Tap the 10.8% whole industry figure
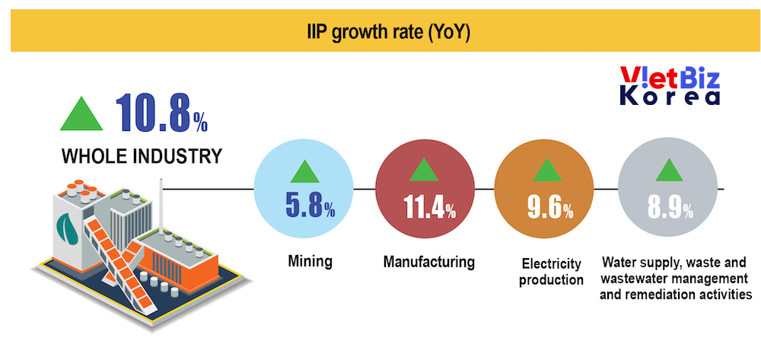[x=161, y=113]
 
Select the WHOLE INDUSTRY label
[x=142, y=156]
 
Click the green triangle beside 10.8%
[x=81, y=113]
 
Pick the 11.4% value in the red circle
[x=429, y=207]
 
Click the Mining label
[x=310, y=262]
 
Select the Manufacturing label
[x=429, y=262]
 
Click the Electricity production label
[x=551, y=272]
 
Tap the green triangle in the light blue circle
[x=305, y=172]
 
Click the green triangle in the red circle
[x=424, y=170]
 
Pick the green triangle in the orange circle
[x=547, y=170]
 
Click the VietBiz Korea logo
[x=670, y=86]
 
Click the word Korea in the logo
[x=670, y=97]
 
